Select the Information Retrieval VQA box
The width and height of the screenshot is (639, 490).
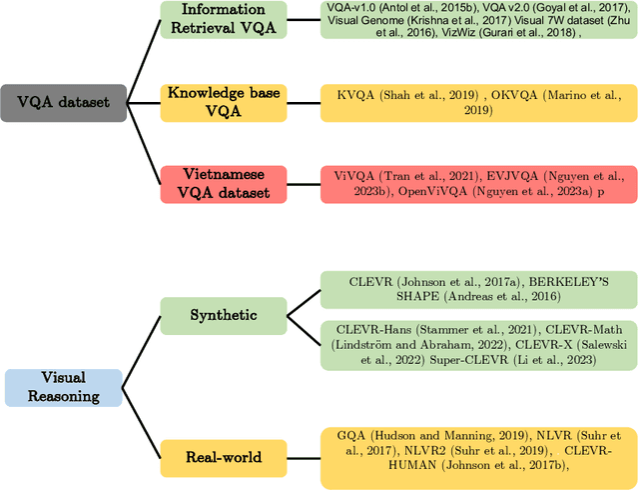pyautogui.click(x=223, y=19)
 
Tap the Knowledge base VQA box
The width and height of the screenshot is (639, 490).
pyautogui.click(x=222, y=102)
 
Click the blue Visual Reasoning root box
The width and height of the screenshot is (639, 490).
pyautogui.click(x=63, y=387)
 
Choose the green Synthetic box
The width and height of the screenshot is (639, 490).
pyautogui.click(x=223, y=315)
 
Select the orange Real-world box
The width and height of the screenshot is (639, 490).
pyautogui.click(x=223, y=457)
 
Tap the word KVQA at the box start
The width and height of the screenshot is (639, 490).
pyautogui.click(x=356, y=95)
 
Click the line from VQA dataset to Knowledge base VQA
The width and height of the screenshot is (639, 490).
pyautogui.click(x=144, y=101)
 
